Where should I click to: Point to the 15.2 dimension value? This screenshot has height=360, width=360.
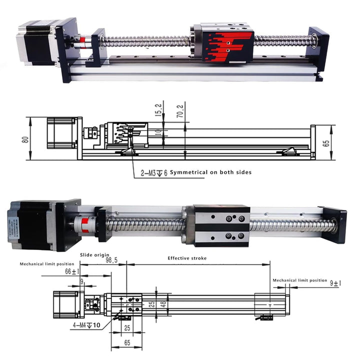click(x=158, y=109)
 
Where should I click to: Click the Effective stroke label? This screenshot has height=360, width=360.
click(x=187, y=258)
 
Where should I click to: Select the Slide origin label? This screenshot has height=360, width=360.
click(x=92, y=254)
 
